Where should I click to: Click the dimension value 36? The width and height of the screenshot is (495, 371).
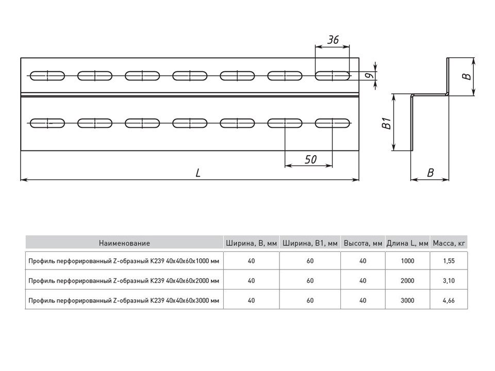click(333, 40)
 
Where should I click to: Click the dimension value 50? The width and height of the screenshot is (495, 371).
click(310, 159)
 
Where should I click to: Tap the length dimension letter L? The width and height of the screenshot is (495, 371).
click(198, 174)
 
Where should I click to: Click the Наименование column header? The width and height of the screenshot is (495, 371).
click(124, 243)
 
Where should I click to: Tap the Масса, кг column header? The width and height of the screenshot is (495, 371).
click(449, 243)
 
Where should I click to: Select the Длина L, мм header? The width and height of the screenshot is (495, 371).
click(407, 243)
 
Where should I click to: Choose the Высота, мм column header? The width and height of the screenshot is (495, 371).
click(363, 243)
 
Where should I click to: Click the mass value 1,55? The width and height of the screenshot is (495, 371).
click(449, 261)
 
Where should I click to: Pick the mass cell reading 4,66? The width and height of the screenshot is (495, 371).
click(449, 300)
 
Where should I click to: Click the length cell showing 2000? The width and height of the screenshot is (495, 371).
click(407, 281)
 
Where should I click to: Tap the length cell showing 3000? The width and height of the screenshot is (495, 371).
click(407, 300)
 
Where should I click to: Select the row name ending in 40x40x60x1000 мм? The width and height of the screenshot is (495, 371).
click(124, 261)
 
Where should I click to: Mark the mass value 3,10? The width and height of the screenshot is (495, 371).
click(449, 281)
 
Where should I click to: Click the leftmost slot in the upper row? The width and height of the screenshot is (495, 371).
click(47, 76)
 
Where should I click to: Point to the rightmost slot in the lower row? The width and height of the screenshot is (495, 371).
click(333, 123)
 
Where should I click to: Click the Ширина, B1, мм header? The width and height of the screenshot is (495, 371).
click(310, 243)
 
